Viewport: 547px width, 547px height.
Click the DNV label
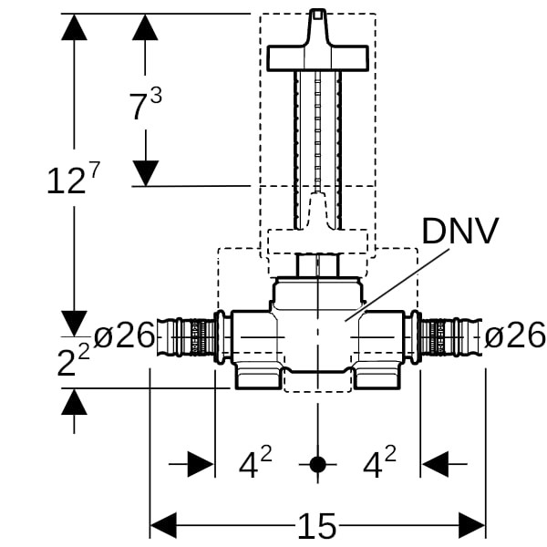[460, 231]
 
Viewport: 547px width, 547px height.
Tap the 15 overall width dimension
[316, 526]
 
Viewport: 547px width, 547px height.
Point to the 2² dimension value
[73, 361]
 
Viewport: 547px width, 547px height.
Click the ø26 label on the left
[124, 335]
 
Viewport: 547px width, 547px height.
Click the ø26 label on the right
[514, 335]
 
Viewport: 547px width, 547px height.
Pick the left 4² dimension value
[255, 465]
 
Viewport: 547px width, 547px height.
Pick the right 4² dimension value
[379, 465]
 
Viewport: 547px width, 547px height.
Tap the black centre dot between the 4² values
[316, 465]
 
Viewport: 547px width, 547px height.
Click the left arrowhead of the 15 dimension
[162, 525]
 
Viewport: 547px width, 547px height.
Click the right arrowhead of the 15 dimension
[472, 525]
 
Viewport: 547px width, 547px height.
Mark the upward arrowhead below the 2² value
[74, 401]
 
